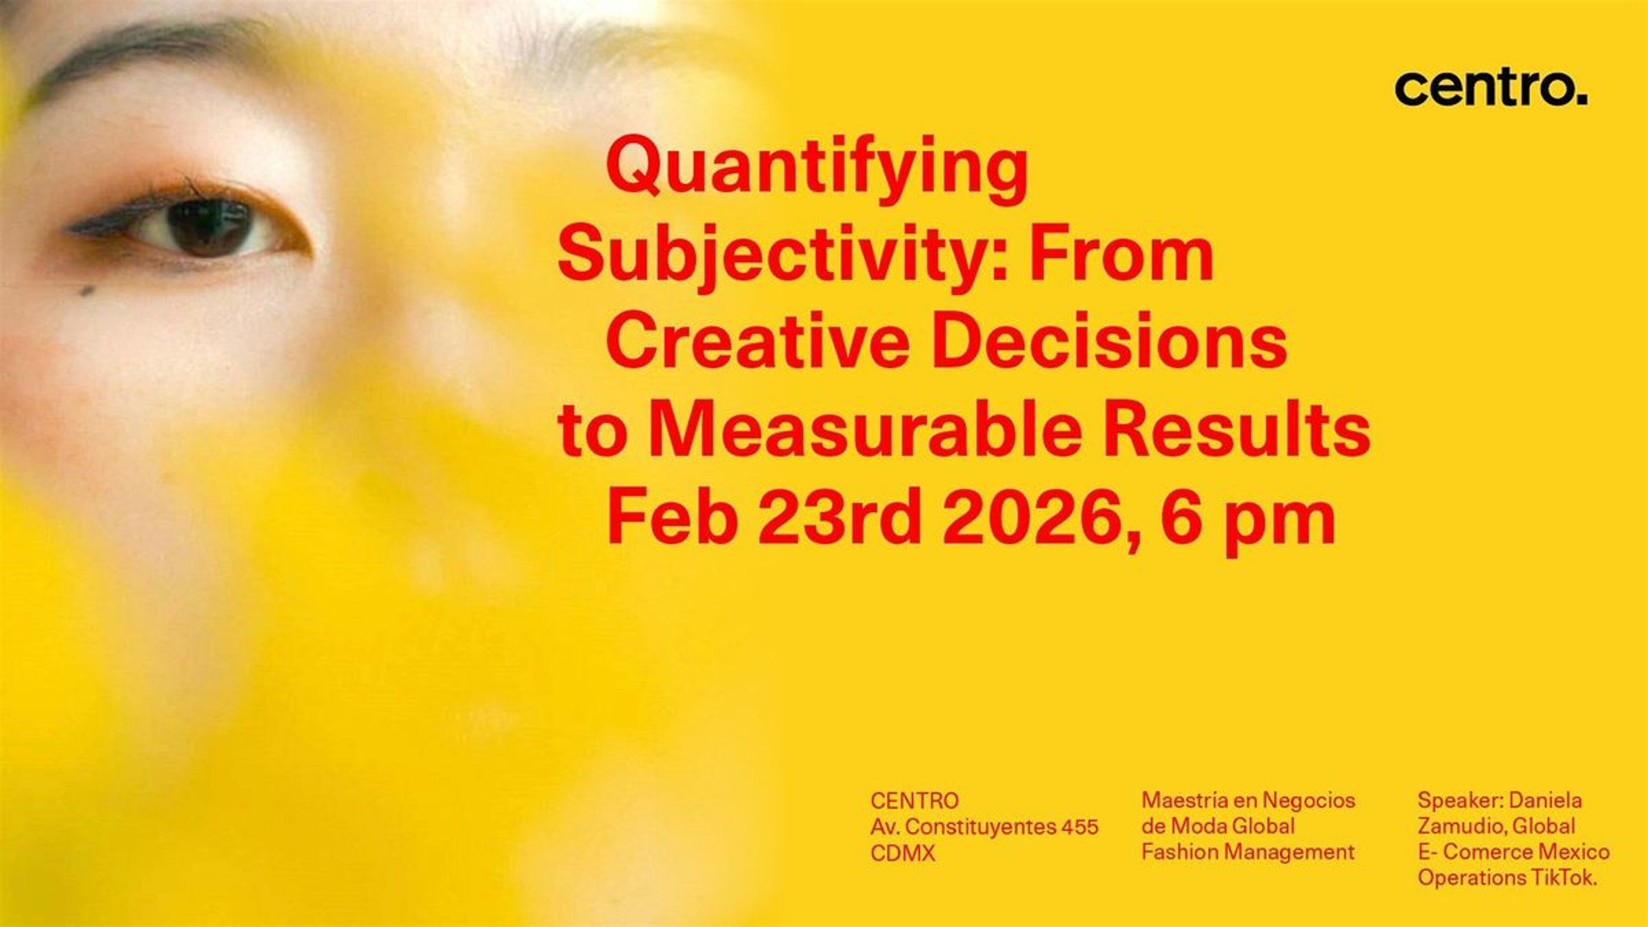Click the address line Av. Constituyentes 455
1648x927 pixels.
[x=984, y=827]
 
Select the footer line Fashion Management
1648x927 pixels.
[x=1248, y=853]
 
